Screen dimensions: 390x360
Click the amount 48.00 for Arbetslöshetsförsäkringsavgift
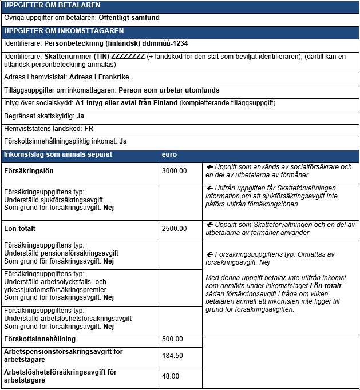[170, 376]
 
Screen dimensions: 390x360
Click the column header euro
[169, 154]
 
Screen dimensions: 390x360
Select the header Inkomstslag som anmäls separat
[58, 154]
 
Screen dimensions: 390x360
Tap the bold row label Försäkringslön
[29, 171]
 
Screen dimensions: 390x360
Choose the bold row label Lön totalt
[19, 229]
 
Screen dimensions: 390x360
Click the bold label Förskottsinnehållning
[39, 339]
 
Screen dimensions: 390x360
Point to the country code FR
[89, 129]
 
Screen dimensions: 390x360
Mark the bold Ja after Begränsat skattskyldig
[80, 116]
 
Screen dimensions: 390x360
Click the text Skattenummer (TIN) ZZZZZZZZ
[94, 57]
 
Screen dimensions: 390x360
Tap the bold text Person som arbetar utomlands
[169, 90]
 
